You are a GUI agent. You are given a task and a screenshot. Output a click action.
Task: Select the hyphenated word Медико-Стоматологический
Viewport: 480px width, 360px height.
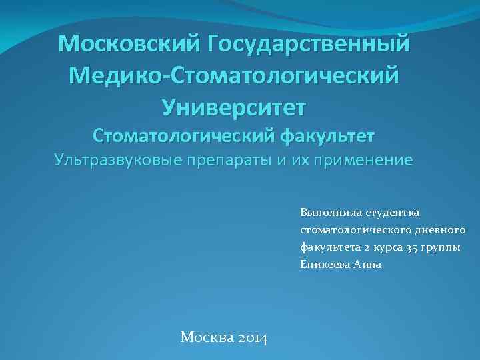pos(234,75)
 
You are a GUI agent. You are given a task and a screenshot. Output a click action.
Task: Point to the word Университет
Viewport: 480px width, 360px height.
pos(234,105)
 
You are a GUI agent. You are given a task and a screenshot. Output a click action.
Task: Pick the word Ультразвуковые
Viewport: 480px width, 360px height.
pos(114,161)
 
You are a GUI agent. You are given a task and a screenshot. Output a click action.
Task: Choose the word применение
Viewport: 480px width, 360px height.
pos(359,161)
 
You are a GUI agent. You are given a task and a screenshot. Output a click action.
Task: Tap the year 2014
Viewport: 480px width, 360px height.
pos(253,338)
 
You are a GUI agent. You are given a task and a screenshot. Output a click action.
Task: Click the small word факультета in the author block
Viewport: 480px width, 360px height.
pos(327,247)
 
